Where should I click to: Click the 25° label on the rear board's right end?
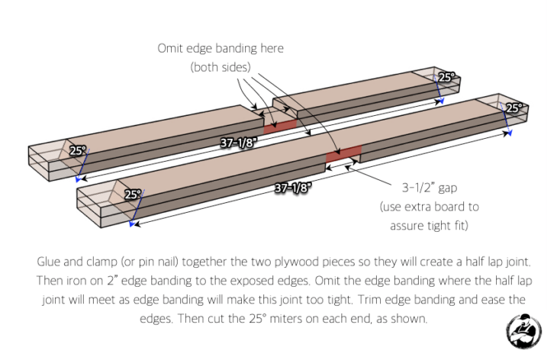pyautogui.click(x=446, y=77)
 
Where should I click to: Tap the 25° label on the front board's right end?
pyautogui.click(x=515, y=108)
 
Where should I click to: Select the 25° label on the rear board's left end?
pyautogui.click(x=78, y=150)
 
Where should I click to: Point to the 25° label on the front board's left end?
pyautogui.click(x=134, y=194)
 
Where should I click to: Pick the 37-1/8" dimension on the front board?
pyautogui.click(x=293, y=186)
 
